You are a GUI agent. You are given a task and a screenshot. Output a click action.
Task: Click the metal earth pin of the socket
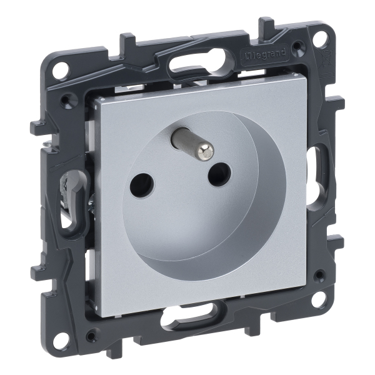tap(192, 144)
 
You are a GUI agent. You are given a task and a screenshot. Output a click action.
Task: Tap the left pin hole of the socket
tap(142, 186)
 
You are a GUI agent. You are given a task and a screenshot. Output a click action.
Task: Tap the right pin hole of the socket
tap(220, 174)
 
